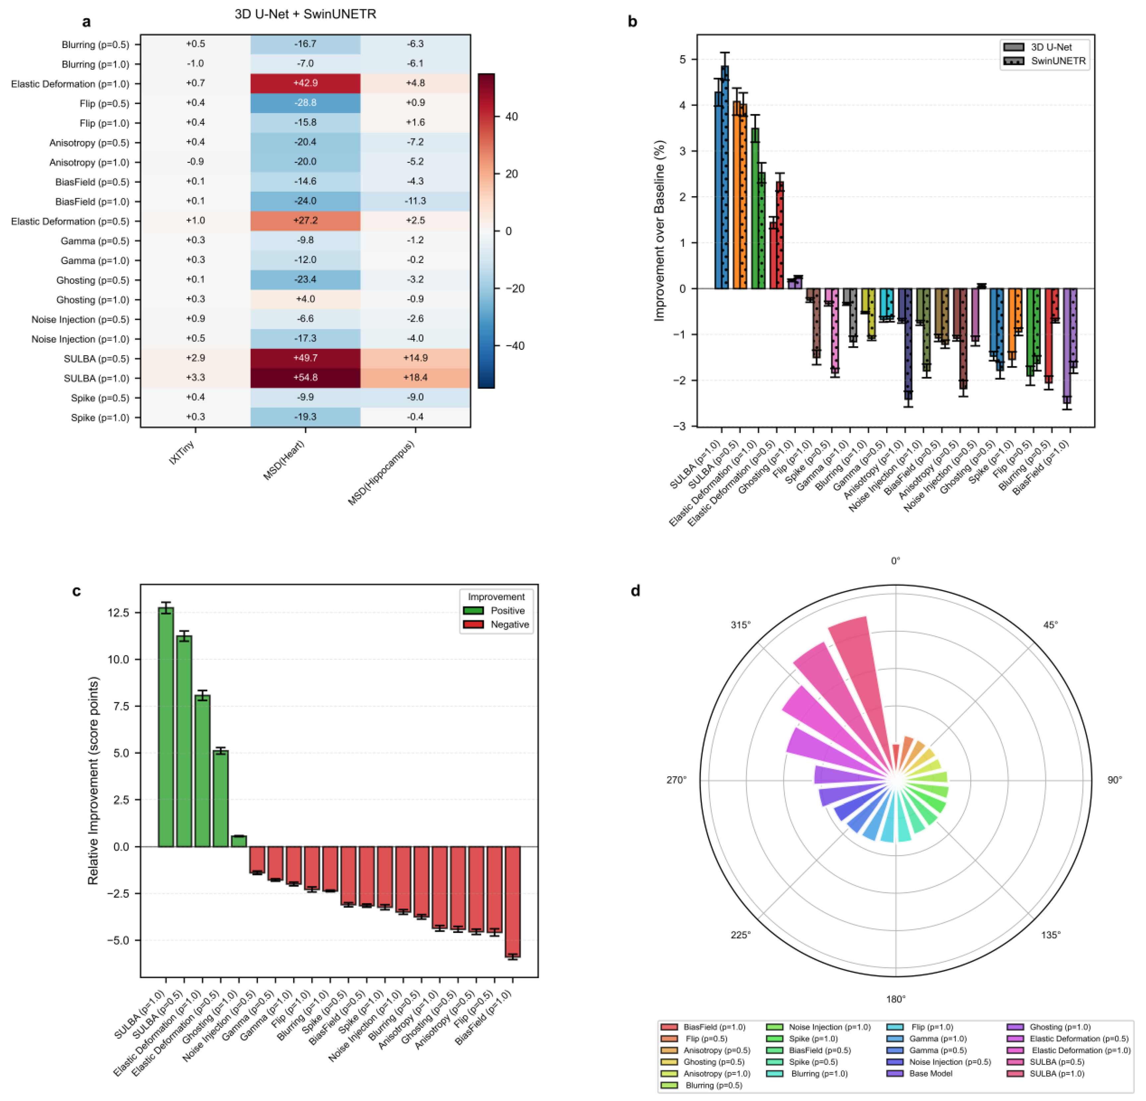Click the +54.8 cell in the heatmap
[305, 377]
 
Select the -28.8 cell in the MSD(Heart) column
[305, 103]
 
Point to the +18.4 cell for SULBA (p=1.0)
[415, 377]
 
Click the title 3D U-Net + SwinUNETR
[305, 14]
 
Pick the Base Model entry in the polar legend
[931, 1073]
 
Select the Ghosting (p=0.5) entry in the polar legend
[713, 1062]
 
